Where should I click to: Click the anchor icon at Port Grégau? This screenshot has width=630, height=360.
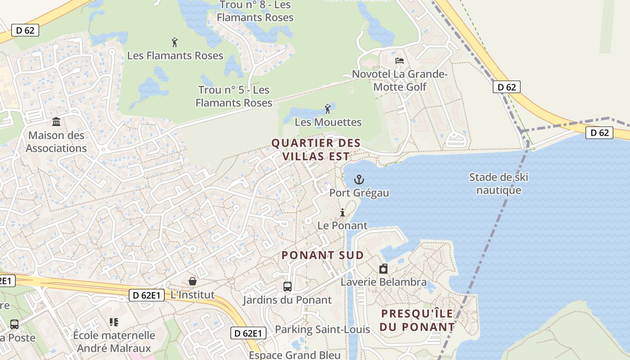[x=359, y=180]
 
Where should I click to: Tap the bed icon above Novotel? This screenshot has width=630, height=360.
[x=399, y=61]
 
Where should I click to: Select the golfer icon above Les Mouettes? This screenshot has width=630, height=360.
[x=328, y=109]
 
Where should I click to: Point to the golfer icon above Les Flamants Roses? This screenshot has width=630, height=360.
[x=175, y=43]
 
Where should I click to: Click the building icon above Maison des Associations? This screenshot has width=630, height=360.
[x=56, y=122]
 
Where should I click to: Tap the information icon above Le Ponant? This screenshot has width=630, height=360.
[x=342, y=212]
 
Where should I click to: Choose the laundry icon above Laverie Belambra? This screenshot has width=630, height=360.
[x=383, y=269]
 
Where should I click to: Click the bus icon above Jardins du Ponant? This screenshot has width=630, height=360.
[x=287, y=286]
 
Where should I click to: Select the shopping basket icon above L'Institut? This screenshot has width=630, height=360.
[x=193, y=281]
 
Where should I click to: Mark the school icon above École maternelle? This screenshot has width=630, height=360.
[x=114, y=322]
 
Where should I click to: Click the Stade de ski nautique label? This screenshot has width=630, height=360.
[x=499, y=184]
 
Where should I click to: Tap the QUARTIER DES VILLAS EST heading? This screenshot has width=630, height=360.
[x=316, y=149]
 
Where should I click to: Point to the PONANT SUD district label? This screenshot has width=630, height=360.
[x=323, y=255]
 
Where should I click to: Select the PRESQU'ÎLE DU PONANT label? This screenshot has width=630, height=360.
[x=417, y=320]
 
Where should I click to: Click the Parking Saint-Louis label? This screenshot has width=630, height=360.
[x=322, y=329]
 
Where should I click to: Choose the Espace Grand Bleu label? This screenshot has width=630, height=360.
[x=295, y=355]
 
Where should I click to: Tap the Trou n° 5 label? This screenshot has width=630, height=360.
[x=234, y=96]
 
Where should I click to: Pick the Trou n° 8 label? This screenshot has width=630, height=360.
[x=255, y=12]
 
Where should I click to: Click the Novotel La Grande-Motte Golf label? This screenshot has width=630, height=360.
[x=400, y=80]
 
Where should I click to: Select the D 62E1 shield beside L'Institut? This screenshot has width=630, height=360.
[x=147, y=295]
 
